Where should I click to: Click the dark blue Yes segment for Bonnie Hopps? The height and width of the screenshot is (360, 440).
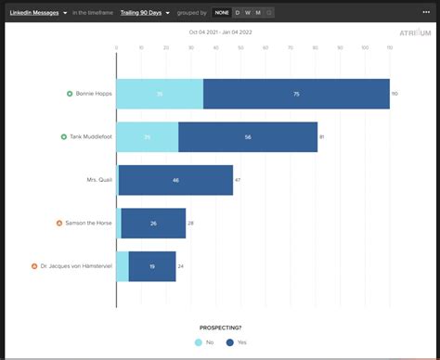(295, 94)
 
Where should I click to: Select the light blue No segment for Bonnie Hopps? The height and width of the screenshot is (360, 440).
(160, 94)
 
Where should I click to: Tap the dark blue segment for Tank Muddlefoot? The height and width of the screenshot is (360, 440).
(248, 136)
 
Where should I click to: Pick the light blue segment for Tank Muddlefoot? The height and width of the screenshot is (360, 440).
(148, 136)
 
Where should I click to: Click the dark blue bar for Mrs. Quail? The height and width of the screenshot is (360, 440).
(175, 180)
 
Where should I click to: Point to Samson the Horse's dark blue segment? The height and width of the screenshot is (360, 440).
(153, 223)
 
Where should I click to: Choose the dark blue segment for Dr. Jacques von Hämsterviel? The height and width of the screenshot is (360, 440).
(152, 266)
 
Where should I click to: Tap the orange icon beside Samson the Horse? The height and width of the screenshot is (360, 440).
(59, 223)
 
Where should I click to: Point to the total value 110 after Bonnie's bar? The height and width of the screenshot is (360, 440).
(395, 94)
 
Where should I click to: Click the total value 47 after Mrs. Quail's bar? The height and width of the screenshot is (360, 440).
(238, 180)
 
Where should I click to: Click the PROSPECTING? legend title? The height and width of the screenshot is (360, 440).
(221, 328)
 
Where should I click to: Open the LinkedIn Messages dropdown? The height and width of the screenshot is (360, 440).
(37, 13)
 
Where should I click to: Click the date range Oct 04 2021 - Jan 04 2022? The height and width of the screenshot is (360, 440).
(220, 32)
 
